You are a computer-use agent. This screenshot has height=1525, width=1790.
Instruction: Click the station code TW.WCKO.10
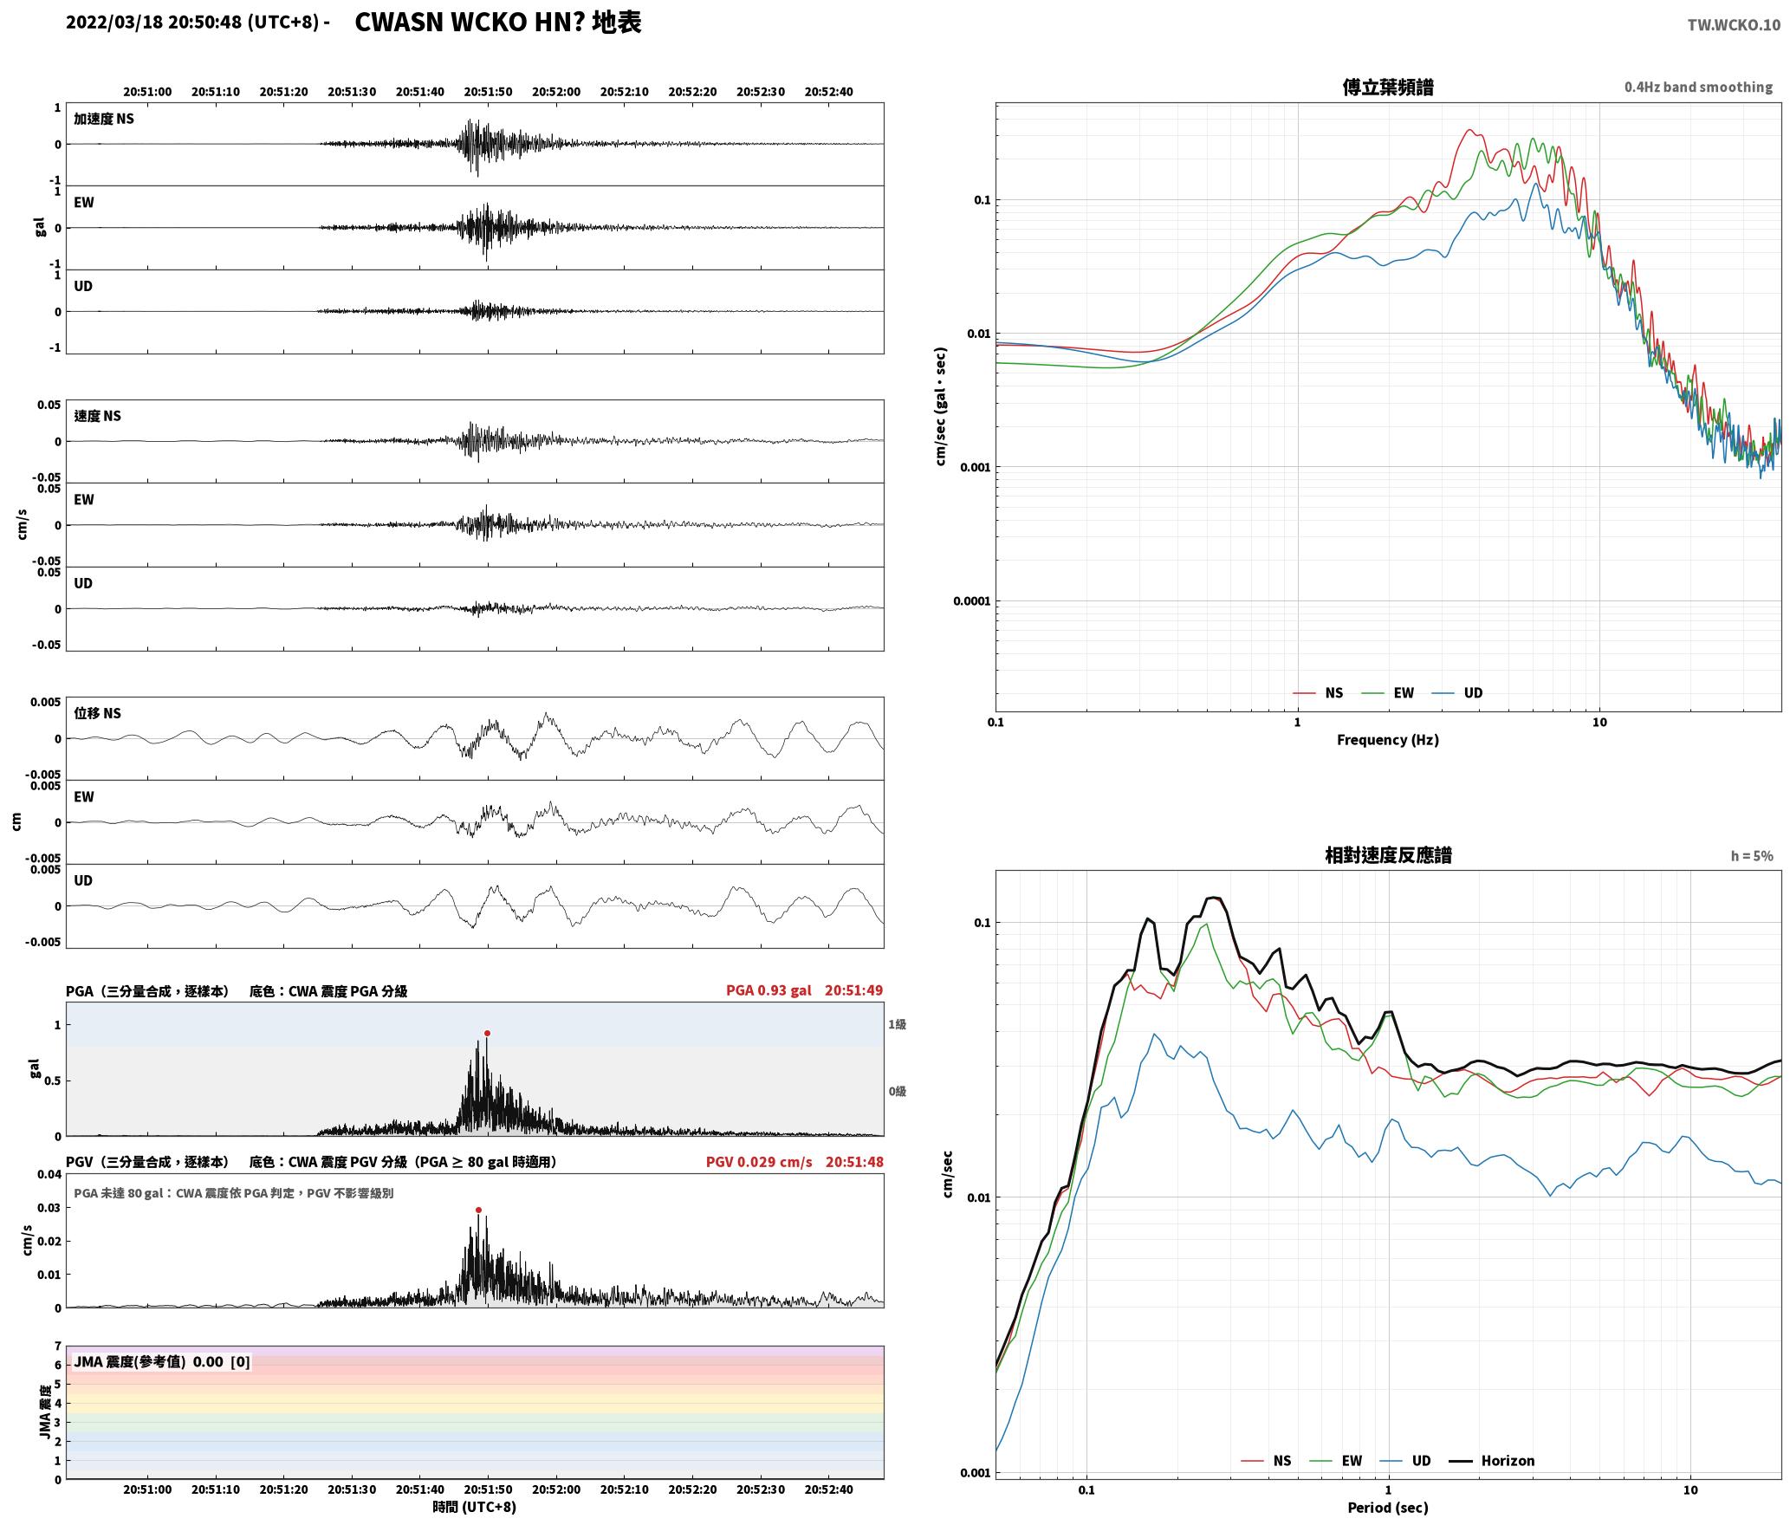1734,25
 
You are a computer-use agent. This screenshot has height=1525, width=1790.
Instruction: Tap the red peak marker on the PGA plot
487,1033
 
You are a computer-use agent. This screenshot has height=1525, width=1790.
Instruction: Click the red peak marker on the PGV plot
478,1210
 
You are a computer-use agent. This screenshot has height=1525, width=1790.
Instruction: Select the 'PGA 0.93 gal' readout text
769,990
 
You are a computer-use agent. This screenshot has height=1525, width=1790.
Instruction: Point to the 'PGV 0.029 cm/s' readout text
759,1162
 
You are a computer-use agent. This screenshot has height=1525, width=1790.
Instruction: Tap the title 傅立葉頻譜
1387,88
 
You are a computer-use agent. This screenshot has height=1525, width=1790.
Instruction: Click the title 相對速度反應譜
1388,855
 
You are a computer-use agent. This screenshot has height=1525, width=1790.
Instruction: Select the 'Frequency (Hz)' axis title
1387,740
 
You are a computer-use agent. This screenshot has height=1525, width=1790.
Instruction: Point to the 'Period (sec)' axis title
1387,1508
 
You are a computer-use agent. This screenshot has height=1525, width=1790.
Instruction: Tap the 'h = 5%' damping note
1752,856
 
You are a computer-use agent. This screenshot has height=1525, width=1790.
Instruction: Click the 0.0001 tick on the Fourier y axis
971,601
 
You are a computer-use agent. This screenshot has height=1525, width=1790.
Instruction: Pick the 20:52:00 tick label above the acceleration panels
555,92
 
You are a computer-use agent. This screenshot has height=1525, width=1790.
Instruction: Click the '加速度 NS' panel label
104,119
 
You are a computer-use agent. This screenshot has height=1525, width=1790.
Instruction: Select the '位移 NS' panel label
97,713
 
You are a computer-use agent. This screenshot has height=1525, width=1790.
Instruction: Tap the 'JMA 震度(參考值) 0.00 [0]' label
162,1362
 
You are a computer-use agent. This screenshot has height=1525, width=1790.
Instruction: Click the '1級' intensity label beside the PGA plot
897,1025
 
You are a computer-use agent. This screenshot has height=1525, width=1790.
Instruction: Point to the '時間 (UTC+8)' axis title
475,1507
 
